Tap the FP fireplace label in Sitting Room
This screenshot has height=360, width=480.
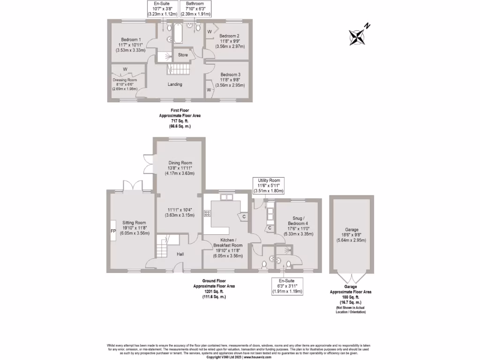click(x=113, y=231)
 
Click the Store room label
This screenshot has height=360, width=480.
click(x=183, y=55)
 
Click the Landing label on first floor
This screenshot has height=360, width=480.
click(x=175, y=84)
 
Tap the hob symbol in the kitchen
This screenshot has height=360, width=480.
click(x=207, y=213)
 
